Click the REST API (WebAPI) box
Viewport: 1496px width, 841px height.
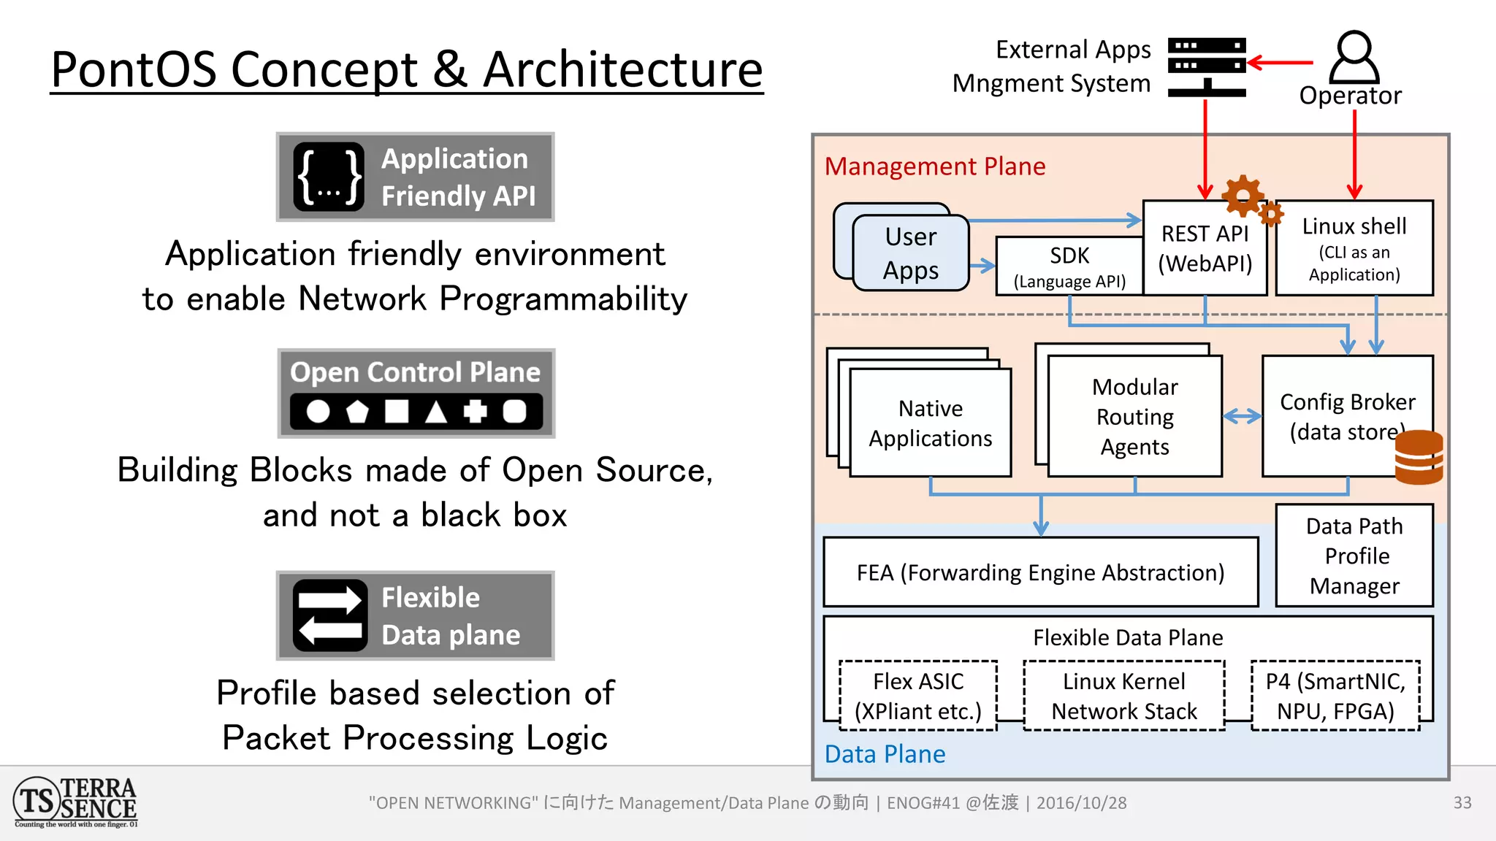1205,248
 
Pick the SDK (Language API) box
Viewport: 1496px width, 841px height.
1069,266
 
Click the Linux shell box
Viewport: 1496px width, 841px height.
1354,248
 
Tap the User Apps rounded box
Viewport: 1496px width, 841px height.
910,253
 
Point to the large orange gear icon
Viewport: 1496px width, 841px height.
1241,195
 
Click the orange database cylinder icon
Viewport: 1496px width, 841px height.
1419,457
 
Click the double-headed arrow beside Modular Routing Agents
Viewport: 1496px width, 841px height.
1242,416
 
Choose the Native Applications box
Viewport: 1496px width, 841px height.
930,423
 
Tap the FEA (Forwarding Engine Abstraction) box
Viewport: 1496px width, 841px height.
1040,572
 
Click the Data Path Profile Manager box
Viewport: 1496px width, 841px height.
1354,556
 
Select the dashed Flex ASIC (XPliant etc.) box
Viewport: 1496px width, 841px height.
917,696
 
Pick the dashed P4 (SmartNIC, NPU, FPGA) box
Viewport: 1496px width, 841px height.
1335,696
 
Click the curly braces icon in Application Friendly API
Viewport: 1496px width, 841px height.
329,177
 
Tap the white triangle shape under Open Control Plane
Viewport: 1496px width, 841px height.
436,412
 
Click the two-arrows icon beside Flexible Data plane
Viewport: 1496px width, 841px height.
330,615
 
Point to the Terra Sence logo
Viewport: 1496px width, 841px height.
76,802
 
